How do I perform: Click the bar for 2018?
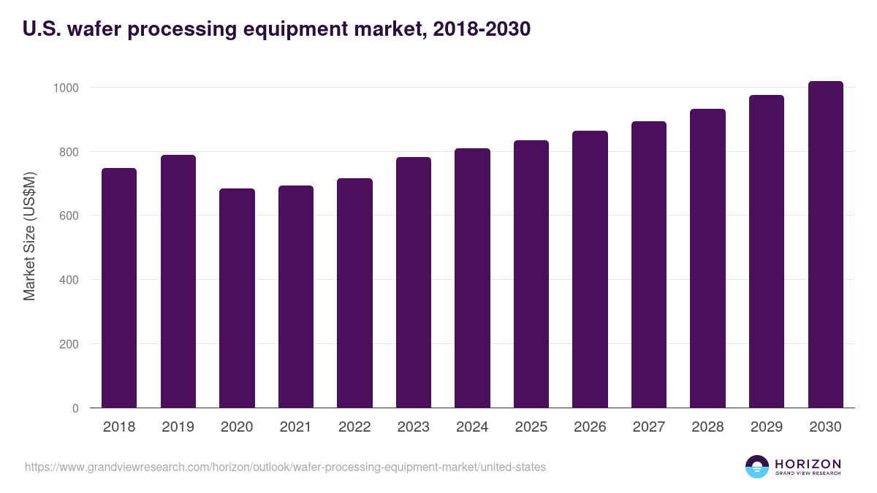point(118,288)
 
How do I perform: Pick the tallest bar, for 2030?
point(825,245)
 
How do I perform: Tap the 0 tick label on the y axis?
point(75,408)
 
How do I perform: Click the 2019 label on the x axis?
point(178,427)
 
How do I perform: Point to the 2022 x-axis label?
point(354,427)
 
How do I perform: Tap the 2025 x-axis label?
point(531,427)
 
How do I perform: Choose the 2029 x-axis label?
point(767,427)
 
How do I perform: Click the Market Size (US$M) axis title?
point(29,236)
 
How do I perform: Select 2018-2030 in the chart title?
point(482,29)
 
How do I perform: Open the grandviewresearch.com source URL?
point(285,467)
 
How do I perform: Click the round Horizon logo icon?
point(757,467)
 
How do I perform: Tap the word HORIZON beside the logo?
point(808,463)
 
